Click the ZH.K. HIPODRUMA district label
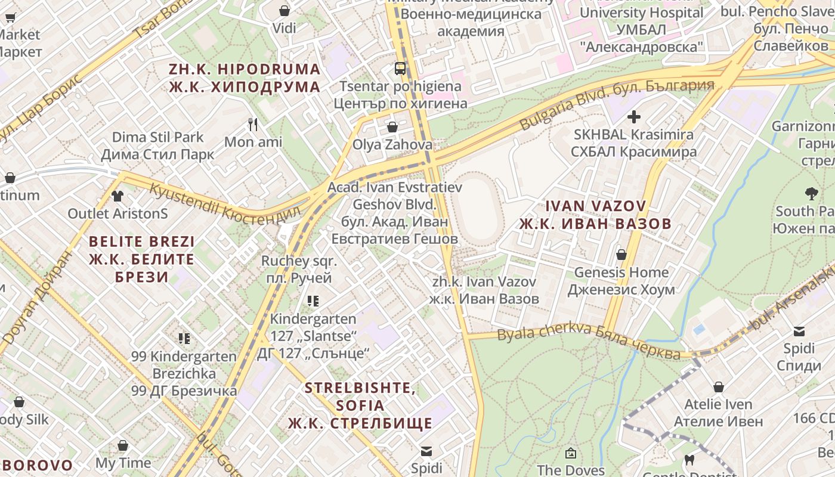pos(245,78)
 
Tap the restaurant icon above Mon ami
pos(253,124)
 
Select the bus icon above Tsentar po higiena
pos(400,68)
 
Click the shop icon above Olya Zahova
pos(392,126)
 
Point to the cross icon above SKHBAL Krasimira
pos(633,117)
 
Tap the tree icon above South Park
pos(811,193)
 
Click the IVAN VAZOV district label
pos(595,215)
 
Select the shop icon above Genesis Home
pos(621,255)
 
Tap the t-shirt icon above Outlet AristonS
pos(117,196)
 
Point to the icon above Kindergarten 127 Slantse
pos(313,301)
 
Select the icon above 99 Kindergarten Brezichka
pos(184,339)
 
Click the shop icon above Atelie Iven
pos(718,387)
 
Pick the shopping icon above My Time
pos(123,445)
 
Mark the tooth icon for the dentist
pos(689,460)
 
